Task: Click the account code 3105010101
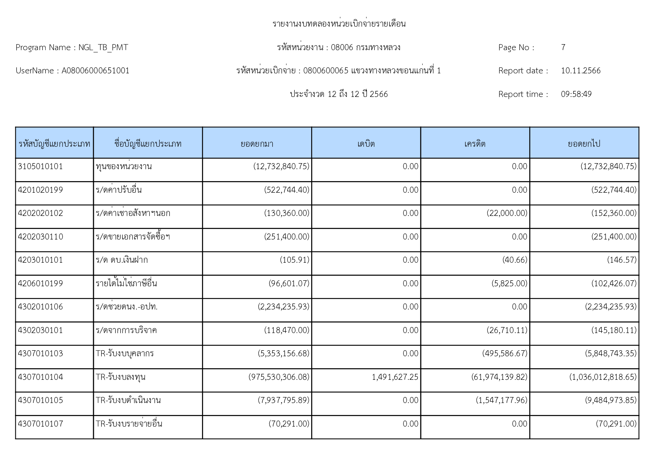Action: pos(40,167)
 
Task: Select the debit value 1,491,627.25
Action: pos(395,377)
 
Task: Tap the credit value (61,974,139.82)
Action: pos(499,377)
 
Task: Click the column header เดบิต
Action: pos(366,144)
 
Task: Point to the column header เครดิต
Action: pos(475,144)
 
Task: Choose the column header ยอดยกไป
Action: pos(584,144)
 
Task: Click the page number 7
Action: pos(563,48)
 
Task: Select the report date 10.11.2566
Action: pos(580,71)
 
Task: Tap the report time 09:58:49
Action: pos(576,94)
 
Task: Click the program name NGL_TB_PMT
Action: pos(103,48)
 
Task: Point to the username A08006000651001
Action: pos(95,71)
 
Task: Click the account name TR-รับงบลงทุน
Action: pos(120,377)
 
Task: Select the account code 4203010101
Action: pos(40,260)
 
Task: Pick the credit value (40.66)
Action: pos(515,260)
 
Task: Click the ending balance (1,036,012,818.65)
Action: pos(603,377)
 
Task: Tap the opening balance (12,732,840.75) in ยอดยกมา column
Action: pos(281,167)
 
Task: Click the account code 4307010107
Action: pos(40,424)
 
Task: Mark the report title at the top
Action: pos(339,24)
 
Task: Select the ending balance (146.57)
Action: pos(622,260)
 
